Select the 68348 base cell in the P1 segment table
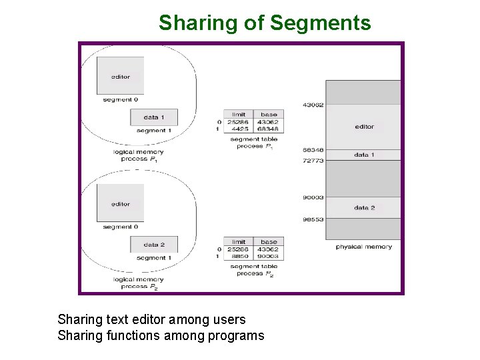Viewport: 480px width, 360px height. click(269, 129)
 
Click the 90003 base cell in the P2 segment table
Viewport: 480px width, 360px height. click(269, 256)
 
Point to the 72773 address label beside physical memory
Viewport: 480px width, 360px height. click(313, 161)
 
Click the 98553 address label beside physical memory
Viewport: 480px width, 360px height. click(313, 219)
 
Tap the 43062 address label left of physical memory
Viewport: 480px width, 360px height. click(313, 105)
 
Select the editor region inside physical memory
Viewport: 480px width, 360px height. click(364, 126)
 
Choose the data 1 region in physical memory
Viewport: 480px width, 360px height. click(364, 155)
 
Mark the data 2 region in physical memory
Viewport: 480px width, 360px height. click(364, 207)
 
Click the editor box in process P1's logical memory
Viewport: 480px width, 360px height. click(120, 75)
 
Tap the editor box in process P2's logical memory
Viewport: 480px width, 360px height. click(120, 203)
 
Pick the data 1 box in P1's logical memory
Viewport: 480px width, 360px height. click(153, 117)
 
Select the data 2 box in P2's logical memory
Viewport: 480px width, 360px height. click(153, 245)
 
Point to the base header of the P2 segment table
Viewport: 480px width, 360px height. click(269, 242)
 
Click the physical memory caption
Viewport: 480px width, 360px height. click(363, 247)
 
